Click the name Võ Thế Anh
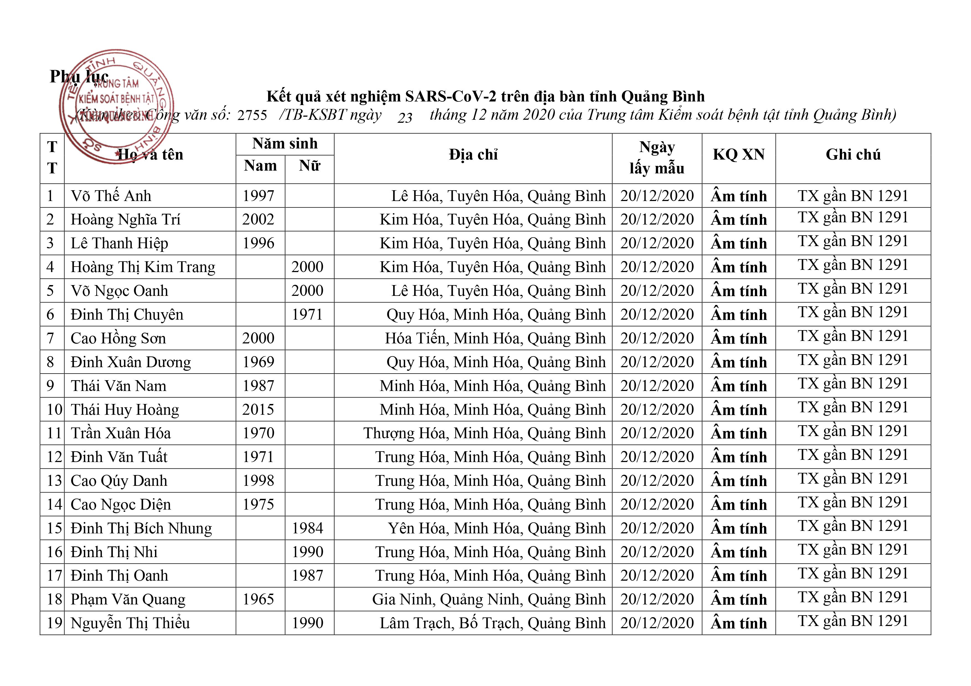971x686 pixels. pos(111,196)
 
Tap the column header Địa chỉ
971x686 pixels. pos(473,155)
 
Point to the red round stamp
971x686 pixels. pos(116,106)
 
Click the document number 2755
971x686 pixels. pos(252,115)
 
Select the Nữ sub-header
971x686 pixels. pos(309,166)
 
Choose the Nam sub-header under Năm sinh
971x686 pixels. pos(260,166)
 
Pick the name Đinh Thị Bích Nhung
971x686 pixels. pos(141,528)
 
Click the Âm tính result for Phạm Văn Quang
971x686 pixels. pos(738,600)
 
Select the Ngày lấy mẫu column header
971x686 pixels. pos(656,158)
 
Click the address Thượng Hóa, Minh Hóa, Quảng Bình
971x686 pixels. pos(484,434)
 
